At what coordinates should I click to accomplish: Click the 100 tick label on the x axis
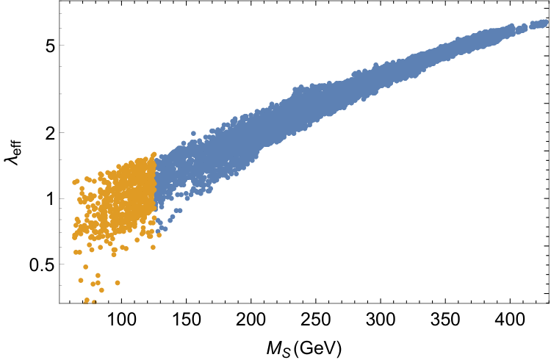pos(121,320)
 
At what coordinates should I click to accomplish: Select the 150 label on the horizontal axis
pos(187,320)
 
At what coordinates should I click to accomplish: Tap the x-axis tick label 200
pos(251,320)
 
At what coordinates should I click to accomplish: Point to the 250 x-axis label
pos(316,320)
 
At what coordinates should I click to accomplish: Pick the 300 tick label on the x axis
pos(381,320)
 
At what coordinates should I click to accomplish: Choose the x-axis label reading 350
pos(445,320)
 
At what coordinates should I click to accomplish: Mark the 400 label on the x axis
pos(510,320)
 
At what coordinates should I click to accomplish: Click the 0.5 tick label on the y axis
pos(42,264)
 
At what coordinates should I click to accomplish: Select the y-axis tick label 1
pos(50,199)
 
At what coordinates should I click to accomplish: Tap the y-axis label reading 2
pos(50,133)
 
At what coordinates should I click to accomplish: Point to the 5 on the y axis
pos(50,46)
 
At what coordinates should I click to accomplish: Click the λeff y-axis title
pos(13,153)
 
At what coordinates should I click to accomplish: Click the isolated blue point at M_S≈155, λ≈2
pos(193,133)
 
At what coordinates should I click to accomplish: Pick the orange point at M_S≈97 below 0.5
pos(118,283)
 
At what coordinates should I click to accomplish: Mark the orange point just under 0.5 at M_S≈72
pos(85,267)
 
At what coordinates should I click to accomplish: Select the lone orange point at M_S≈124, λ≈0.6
pos(153,247)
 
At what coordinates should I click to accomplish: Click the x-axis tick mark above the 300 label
pos(381,300)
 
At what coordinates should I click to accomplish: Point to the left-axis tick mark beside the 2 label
pos(62,133)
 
